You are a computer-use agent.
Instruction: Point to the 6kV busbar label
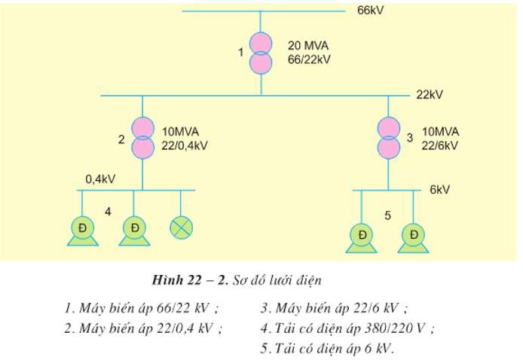tap(439, 190)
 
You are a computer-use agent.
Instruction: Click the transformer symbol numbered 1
tap(261, 51)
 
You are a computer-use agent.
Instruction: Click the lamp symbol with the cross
tap(181, 227)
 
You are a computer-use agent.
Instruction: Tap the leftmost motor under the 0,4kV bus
tap(81, 229)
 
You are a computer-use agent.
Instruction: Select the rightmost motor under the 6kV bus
tap(414, 237)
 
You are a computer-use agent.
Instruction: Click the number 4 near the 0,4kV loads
tap(108, 212)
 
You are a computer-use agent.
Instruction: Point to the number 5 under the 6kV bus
tap(387, 216)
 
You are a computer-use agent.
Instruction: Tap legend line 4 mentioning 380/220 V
tap(348, 328)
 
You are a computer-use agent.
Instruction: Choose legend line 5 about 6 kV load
tap(327, 349)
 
